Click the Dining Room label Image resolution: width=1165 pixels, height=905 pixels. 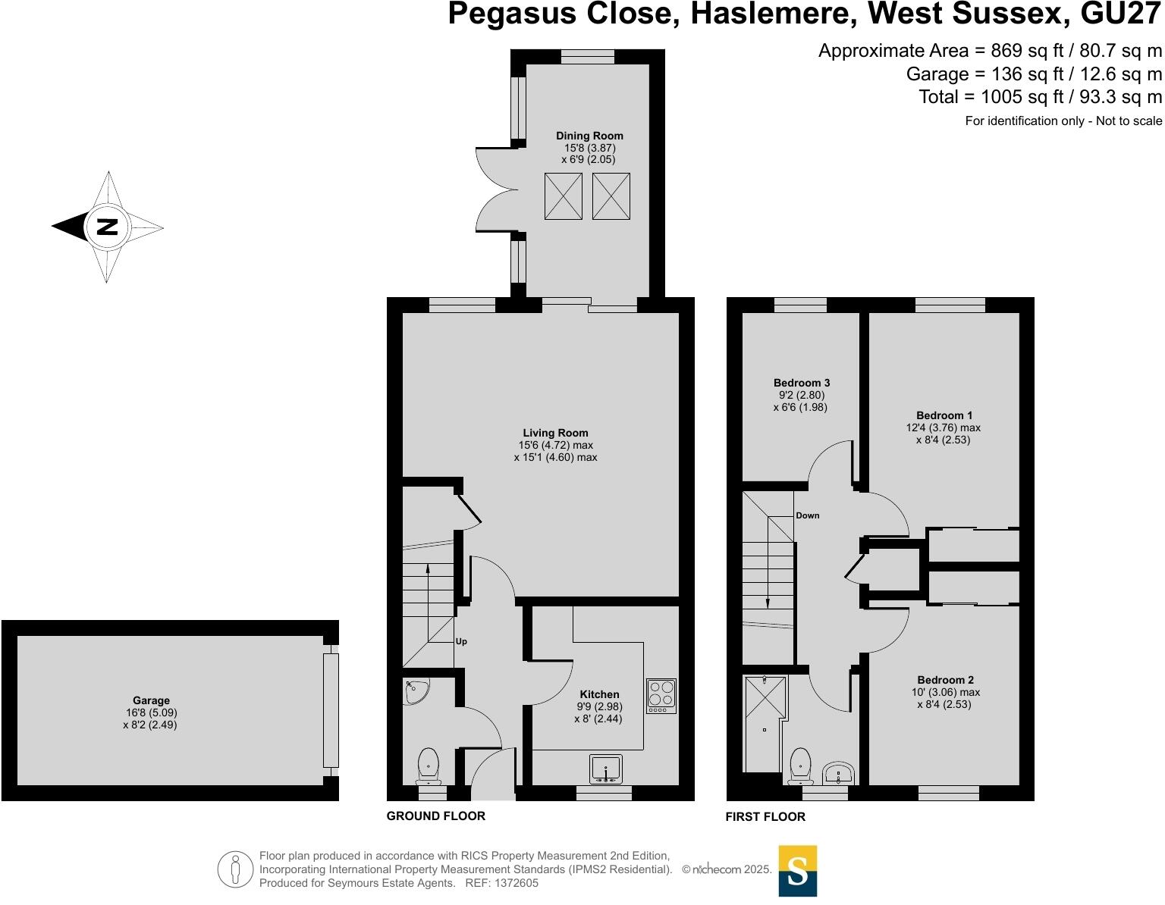[x=589, y=136]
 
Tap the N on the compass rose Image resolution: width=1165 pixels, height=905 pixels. [x=107, y=227]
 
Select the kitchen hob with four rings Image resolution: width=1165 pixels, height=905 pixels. [x=661, y=696]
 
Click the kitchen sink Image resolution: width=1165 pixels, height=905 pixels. [x=605, y=769]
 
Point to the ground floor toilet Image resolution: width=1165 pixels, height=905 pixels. [x=429, y=766]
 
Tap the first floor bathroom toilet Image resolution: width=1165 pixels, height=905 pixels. [x=800, y=766]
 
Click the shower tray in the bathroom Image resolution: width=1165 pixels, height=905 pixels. [x=765, y=724]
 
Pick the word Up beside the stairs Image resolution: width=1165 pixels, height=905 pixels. [x=461, y=641]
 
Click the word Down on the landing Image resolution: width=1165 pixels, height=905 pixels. [x=808, y=515]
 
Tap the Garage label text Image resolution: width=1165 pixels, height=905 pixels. [x=151, y=700]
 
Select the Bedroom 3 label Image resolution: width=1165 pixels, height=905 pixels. [x=802, y=383]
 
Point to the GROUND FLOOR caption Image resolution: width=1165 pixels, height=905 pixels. [x=435, y=816]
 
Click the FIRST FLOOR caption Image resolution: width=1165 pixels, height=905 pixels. [x=765, y=816]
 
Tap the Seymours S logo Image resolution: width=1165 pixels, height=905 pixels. [x=798, y=871]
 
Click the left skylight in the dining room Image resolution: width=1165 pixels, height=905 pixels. [x=564, y=196]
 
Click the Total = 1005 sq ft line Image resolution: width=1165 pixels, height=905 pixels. [x=1040, y=97]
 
